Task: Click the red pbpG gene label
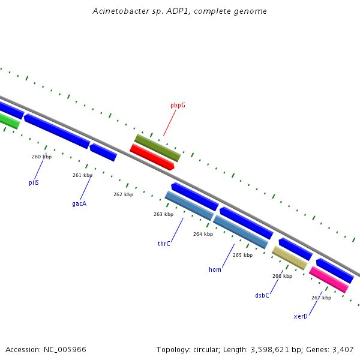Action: [178, 105]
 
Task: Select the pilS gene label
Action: [34, 182]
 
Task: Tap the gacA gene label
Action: [79, 203]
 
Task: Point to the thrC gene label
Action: [164, 244]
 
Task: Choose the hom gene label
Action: [215, 269]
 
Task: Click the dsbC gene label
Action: [262, 295]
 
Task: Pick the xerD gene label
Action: [301, 316]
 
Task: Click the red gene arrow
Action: [152, 157]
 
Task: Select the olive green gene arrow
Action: [157, 148]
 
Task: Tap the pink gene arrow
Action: [329, 280]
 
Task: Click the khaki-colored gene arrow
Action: [290, 257]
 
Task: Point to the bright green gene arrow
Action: [9, 121]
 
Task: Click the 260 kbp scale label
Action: [41, 157]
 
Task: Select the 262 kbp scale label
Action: [123, 194]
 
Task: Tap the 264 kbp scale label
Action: [203, 234]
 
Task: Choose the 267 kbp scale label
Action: [321, 298]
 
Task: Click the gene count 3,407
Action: [342, 349]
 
